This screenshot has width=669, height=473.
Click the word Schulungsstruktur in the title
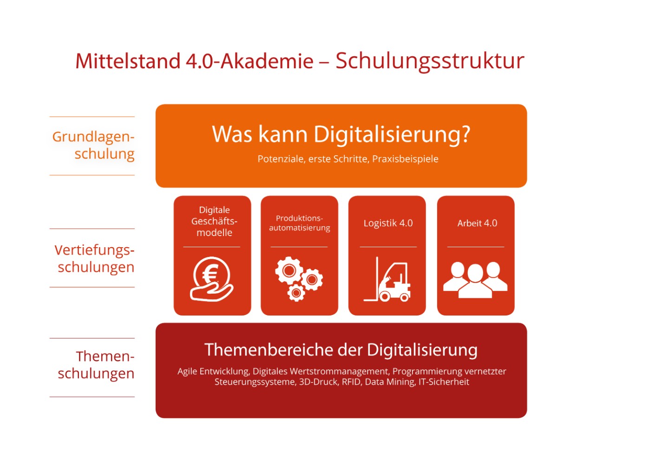(430, 62)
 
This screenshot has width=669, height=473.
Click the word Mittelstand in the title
(128, 61)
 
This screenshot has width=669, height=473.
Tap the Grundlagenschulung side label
(93, 145)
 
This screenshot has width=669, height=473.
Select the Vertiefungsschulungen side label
(94, 259)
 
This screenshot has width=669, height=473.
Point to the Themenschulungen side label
(96, 365)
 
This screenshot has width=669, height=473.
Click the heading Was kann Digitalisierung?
(341, 135)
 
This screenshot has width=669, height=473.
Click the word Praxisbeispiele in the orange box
(405, 159)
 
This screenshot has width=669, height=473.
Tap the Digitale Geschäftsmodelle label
(214, 221)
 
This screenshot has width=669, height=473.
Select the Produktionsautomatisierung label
(299, 223)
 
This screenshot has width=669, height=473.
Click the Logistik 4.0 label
(388, 223)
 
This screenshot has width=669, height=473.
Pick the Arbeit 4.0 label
(477, 223)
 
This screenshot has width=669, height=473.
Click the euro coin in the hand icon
(211, 274)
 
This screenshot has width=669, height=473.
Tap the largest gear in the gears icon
(289, 270)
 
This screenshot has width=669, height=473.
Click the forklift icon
(387, 279)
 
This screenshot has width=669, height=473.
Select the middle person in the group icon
(475, 281)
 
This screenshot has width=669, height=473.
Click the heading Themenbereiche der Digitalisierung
(341, 350)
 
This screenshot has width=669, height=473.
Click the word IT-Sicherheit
(444, 382)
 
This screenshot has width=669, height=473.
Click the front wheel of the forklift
(385, 296)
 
